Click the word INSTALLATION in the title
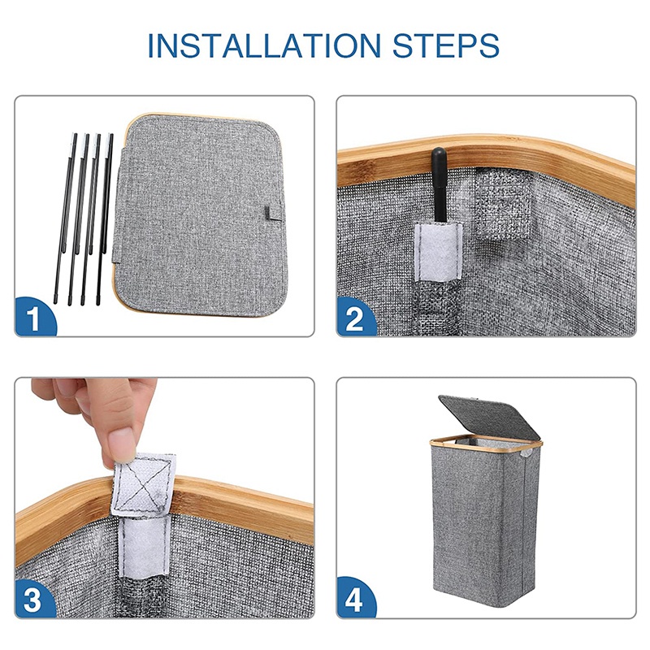point(264,45)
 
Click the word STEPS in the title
point(445,45)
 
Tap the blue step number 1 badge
point(34,318)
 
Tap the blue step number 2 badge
point(355,318)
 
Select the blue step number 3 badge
point(34,599)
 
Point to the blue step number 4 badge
point(355,599)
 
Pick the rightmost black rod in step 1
point(105,219)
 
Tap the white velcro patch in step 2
point(439,251)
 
